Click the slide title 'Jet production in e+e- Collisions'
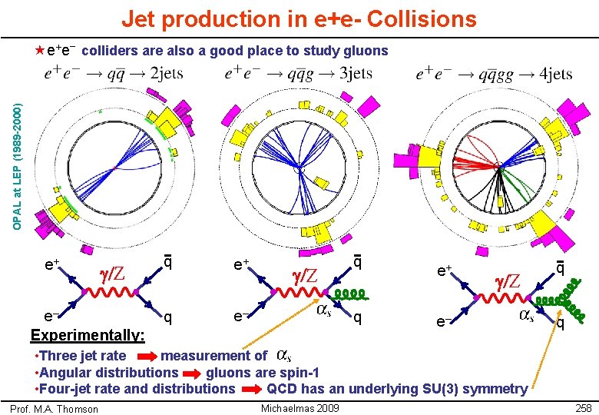(x=299, y=18)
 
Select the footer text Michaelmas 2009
(x=300, y=407)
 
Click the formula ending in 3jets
(x=299, y=74)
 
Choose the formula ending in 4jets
(x=494, y=74)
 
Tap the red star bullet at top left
(x=40, y=51)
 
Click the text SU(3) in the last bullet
(x=435, y=389)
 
